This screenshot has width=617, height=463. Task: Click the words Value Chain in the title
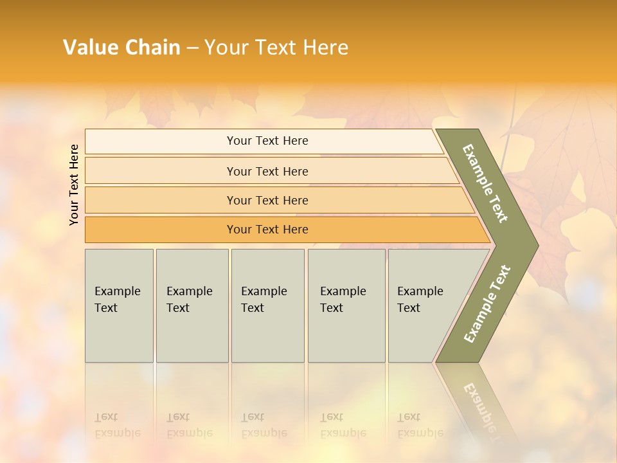121,48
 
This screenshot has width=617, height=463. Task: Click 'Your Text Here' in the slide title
276,48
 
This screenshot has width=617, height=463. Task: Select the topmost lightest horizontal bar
264,141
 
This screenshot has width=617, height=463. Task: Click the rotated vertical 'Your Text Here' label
74,185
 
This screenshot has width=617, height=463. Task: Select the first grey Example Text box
119,305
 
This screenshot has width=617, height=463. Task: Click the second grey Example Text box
192,305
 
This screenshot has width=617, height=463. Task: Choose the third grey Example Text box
267,305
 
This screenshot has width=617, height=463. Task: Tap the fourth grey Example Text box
346,305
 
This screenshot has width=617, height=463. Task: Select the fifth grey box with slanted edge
424,305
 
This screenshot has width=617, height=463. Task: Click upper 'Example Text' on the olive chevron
485,183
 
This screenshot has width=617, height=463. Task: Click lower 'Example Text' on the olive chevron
487,304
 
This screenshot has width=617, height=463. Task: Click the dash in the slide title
192,48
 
